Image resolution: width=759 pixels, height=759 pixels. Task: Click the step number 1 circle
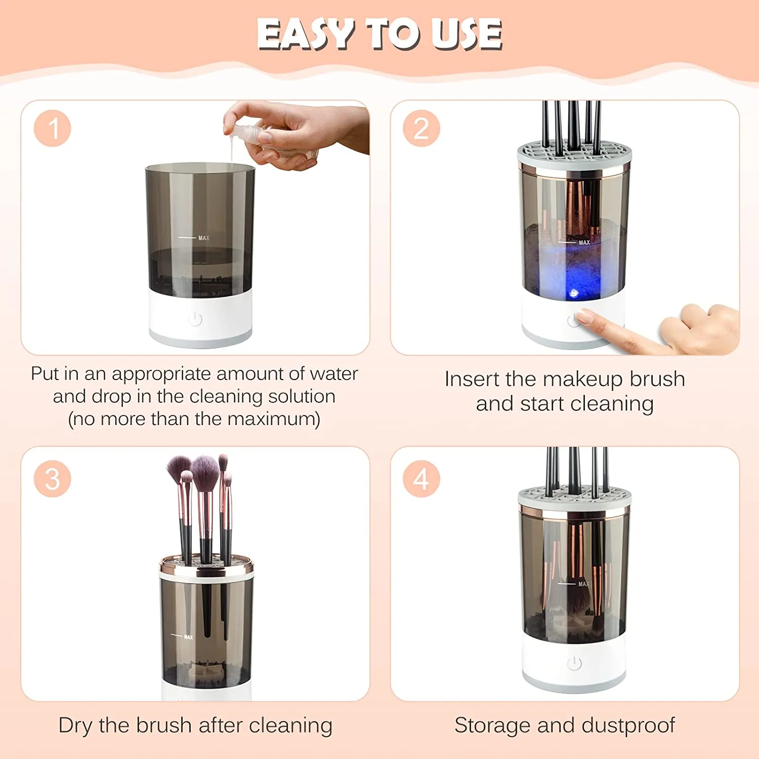[53, 129]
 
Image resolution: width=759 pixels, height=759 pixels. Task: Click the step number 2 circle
[421, 129]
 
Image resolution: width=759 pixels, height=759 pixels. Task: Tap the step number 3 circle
[53, 479]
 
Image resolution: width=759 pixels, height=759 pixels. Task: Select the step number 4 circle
[421, 479]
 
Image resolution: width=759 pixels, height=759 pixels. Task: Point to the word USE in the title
[468, 34]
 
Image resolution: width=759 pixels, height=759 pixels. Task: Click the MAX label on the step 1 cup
[203, 238]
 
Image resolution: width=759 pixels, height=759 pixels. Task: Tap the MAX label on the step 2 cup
[584, 243]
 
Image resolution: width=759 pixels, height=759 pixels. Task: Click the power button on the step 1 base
[195, 319]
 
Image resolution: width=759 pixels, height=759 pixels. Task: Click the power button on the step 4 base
[574, 663]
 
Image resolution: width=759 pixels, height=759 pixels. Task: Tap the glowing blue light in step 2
[574, 293]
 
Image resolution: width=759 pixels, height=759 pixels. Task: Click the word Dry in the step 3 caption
[75, 725]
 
